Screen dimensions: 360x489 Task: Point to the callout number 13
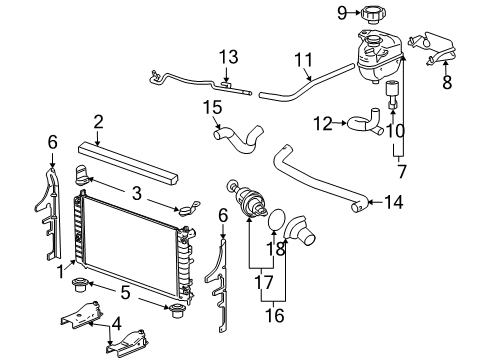[x=229, y=56]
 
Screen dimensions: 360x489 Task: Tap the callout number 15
[x=211, y=106]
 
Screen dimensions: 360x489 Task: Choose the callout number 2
[x=98, y=122]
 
